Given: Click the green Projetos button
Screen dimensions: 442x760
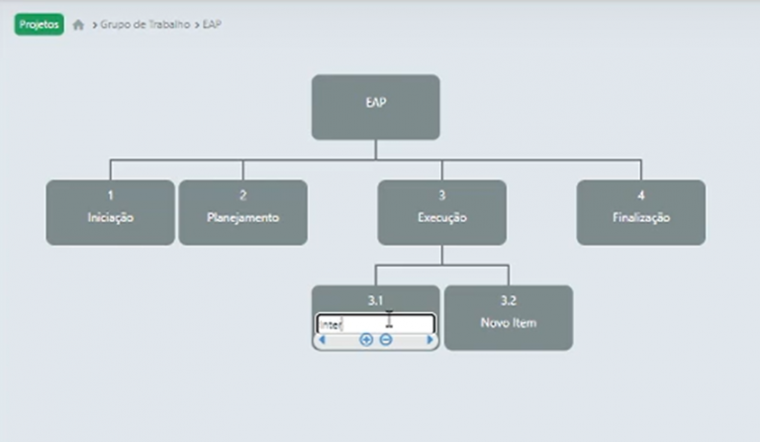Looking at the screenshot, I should [x=39, y=25].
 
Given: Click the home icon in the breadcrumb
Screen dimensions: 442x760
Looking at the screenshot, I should [x=78, y=25].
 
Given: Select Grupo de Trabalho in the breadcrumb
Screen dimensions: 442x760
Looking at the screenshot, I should [x=145, y=25].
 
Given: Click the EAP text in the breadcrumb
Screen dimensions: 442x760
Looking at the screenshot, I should [x=212, y=25].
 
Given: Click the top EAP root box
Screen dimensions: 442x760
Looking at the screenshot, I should [x=375, y=107].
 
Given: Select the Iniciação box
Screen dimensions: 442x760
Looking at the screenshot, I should [x=110, y=212].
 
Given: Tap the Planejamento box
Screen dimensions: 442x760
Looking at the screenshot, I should [x=242, y=212].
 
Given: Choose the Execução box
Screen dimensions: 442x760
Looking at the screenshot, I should [x=441, y=212].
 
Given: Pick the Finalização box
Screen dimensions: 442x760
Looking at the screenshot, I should [x=640, y=212].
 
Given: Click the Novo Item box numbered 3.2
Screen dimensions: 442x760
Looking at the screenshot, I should [x=508, y=317].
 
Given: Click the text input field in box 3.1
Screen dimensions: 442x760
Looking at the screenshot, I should [x=374, y=324].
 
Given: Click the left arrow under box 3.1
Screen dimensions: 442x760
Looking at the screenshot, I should [x=321, y=340].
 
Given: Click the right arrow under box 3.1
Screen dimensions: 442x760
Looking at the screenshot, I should [x=430, y=340].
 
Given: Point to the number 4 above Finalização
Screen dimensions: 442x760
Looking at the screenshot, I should [x=640, y=196].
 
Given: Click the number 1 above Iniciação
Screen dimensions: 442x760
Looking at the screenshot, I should [x=110, y=196].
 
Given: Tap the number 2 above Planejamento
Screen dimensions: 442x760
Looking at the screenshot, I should [x=242, y=196].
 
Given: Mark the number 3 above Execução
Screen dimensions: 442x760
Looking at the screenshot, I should [x=441, y=196].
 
